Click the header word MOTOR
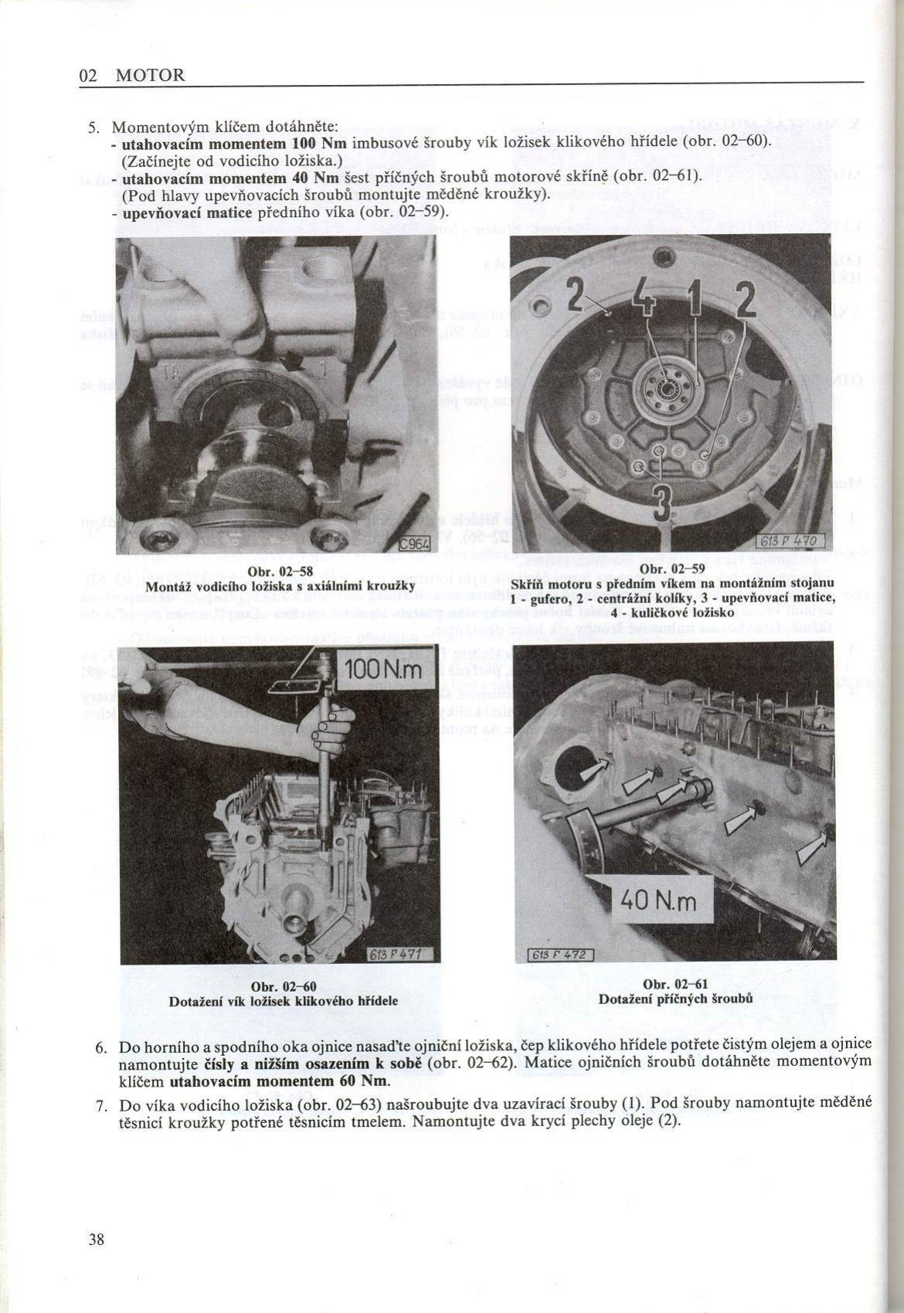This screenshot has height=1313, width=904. pyautogui.click(x=150, y=76)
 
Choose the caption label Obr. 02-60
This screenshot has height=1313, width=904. pyautogui.click(x=282, y=988)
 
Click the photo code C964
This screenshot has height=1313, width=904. pyautogui.click(x=414, y=544)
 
